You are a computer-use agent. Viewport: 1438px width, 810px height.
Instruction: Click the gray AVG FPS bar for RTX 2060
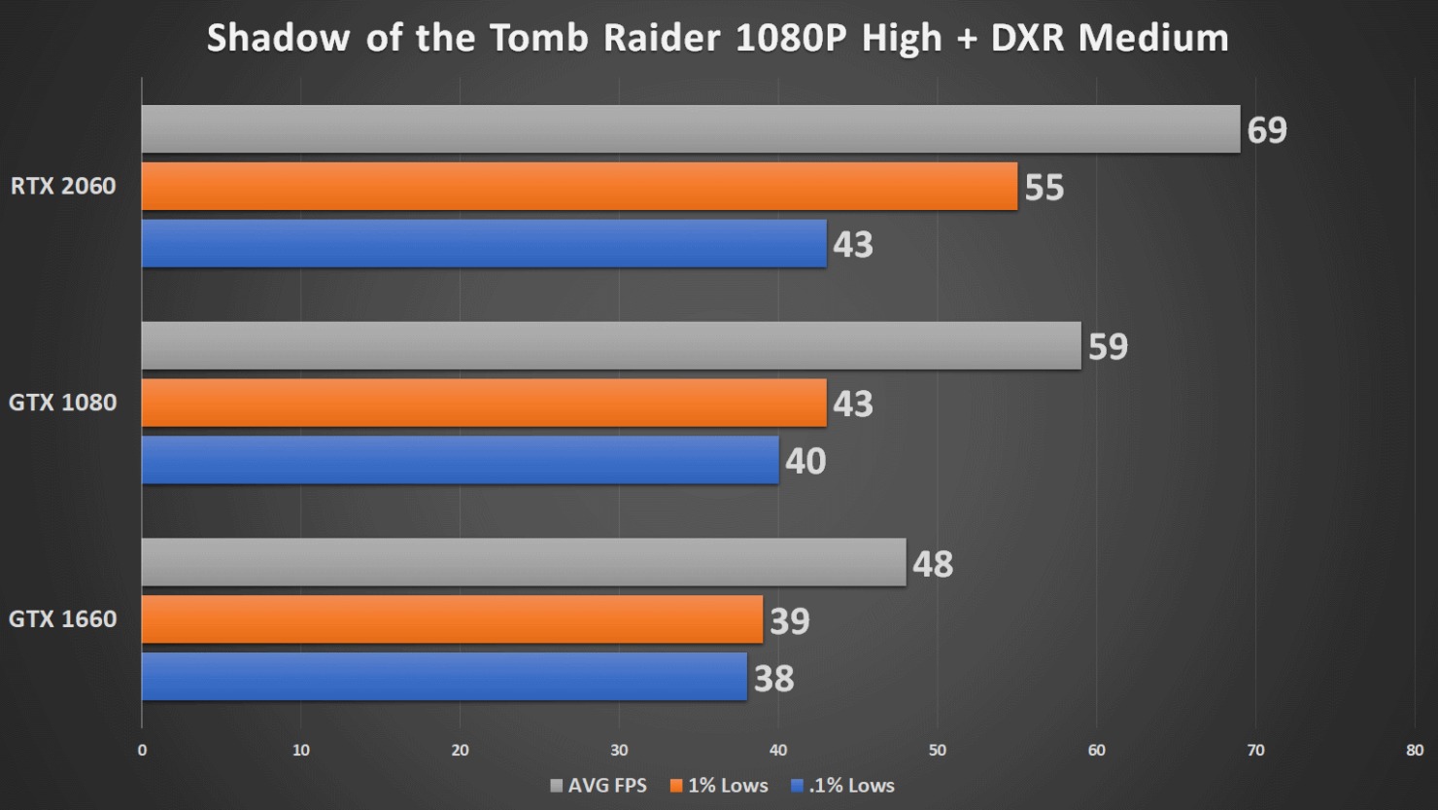(690, 128)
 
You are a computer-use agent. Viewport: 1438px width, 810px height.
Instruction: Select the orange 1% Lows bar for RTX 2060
(579, 186)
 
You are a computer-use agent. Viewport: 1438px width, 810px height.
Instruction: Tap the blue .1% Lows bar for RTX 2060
(484, 243)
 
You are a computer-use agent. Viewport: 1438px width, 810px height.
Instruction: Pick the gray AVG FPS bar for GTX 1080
(611, 345)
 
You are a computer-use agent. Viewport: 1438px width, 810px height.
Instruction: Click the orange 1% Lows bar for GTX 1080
(484, 403)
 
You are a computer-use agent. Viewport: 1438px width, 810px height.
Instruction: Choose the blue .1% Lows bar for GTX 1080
(460, 460)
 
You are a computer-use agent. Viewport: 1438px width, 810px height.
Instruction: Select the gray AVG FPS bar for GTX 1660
(524, 562)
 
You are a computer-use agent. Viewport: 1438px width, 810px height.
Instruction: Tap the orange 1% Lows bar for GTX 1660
(452, 619)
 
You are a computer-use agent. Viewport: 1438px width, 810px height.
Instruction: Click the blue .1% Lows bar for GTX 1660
(444, 677)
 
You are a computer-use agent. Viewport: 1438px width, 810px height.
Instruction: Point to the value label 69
(1267, 129)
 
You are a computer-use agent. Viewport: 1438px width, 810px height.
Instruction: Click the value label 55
(1044, 187)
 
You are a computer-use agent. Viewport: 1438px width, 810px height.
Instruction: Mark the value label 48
(933, 563)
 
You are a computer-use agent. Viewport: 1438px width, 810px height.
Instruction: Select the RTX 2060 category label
(63, 186)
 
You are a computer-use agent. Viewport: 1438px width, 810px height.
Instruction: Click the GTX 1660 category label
(63, 618)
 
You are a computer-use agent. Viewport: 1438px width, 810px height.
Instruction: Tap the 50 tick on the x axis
(937, 750)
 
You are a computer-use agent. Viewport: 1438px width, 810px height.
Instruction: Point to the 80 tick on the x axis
(1414, 750)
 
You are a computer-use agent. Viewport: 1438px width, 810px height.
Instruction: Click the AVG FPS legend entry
(599, 785)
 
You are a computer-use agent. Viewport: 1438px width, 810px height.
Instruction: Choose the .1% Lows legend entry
(843, 785)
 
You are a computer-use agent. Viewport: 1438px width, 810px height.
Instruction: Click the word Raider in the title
(663, 38)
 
